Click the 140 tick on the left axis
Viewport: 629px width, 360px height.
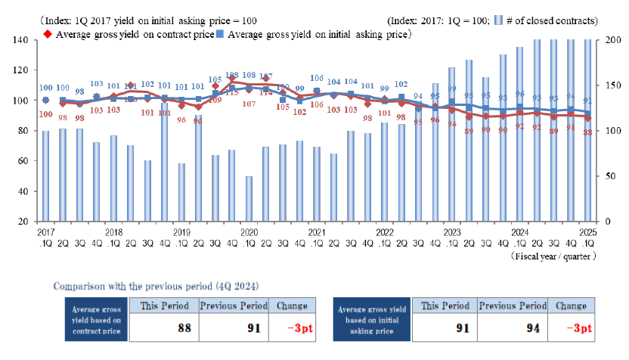21,39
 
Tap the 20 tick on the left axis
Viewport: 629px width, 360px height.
23,222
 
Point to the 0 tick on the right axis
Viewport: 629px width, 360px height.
604,222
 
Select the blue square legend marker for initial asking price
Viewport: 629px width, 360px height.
219,34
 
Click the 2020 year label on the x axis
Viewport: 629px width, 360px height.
249,232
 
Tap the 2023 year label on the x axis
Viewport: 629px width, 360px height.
451,232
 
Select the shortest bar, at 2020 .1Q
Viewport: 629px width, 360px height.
249,199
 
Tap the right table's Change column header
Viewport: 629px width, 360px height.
570,306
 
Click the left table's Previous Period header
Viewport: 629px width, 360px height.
233,306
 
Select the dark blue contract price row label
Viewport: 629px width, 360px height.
95,319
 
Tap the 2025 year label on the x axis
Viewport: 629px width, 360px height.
587,232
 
